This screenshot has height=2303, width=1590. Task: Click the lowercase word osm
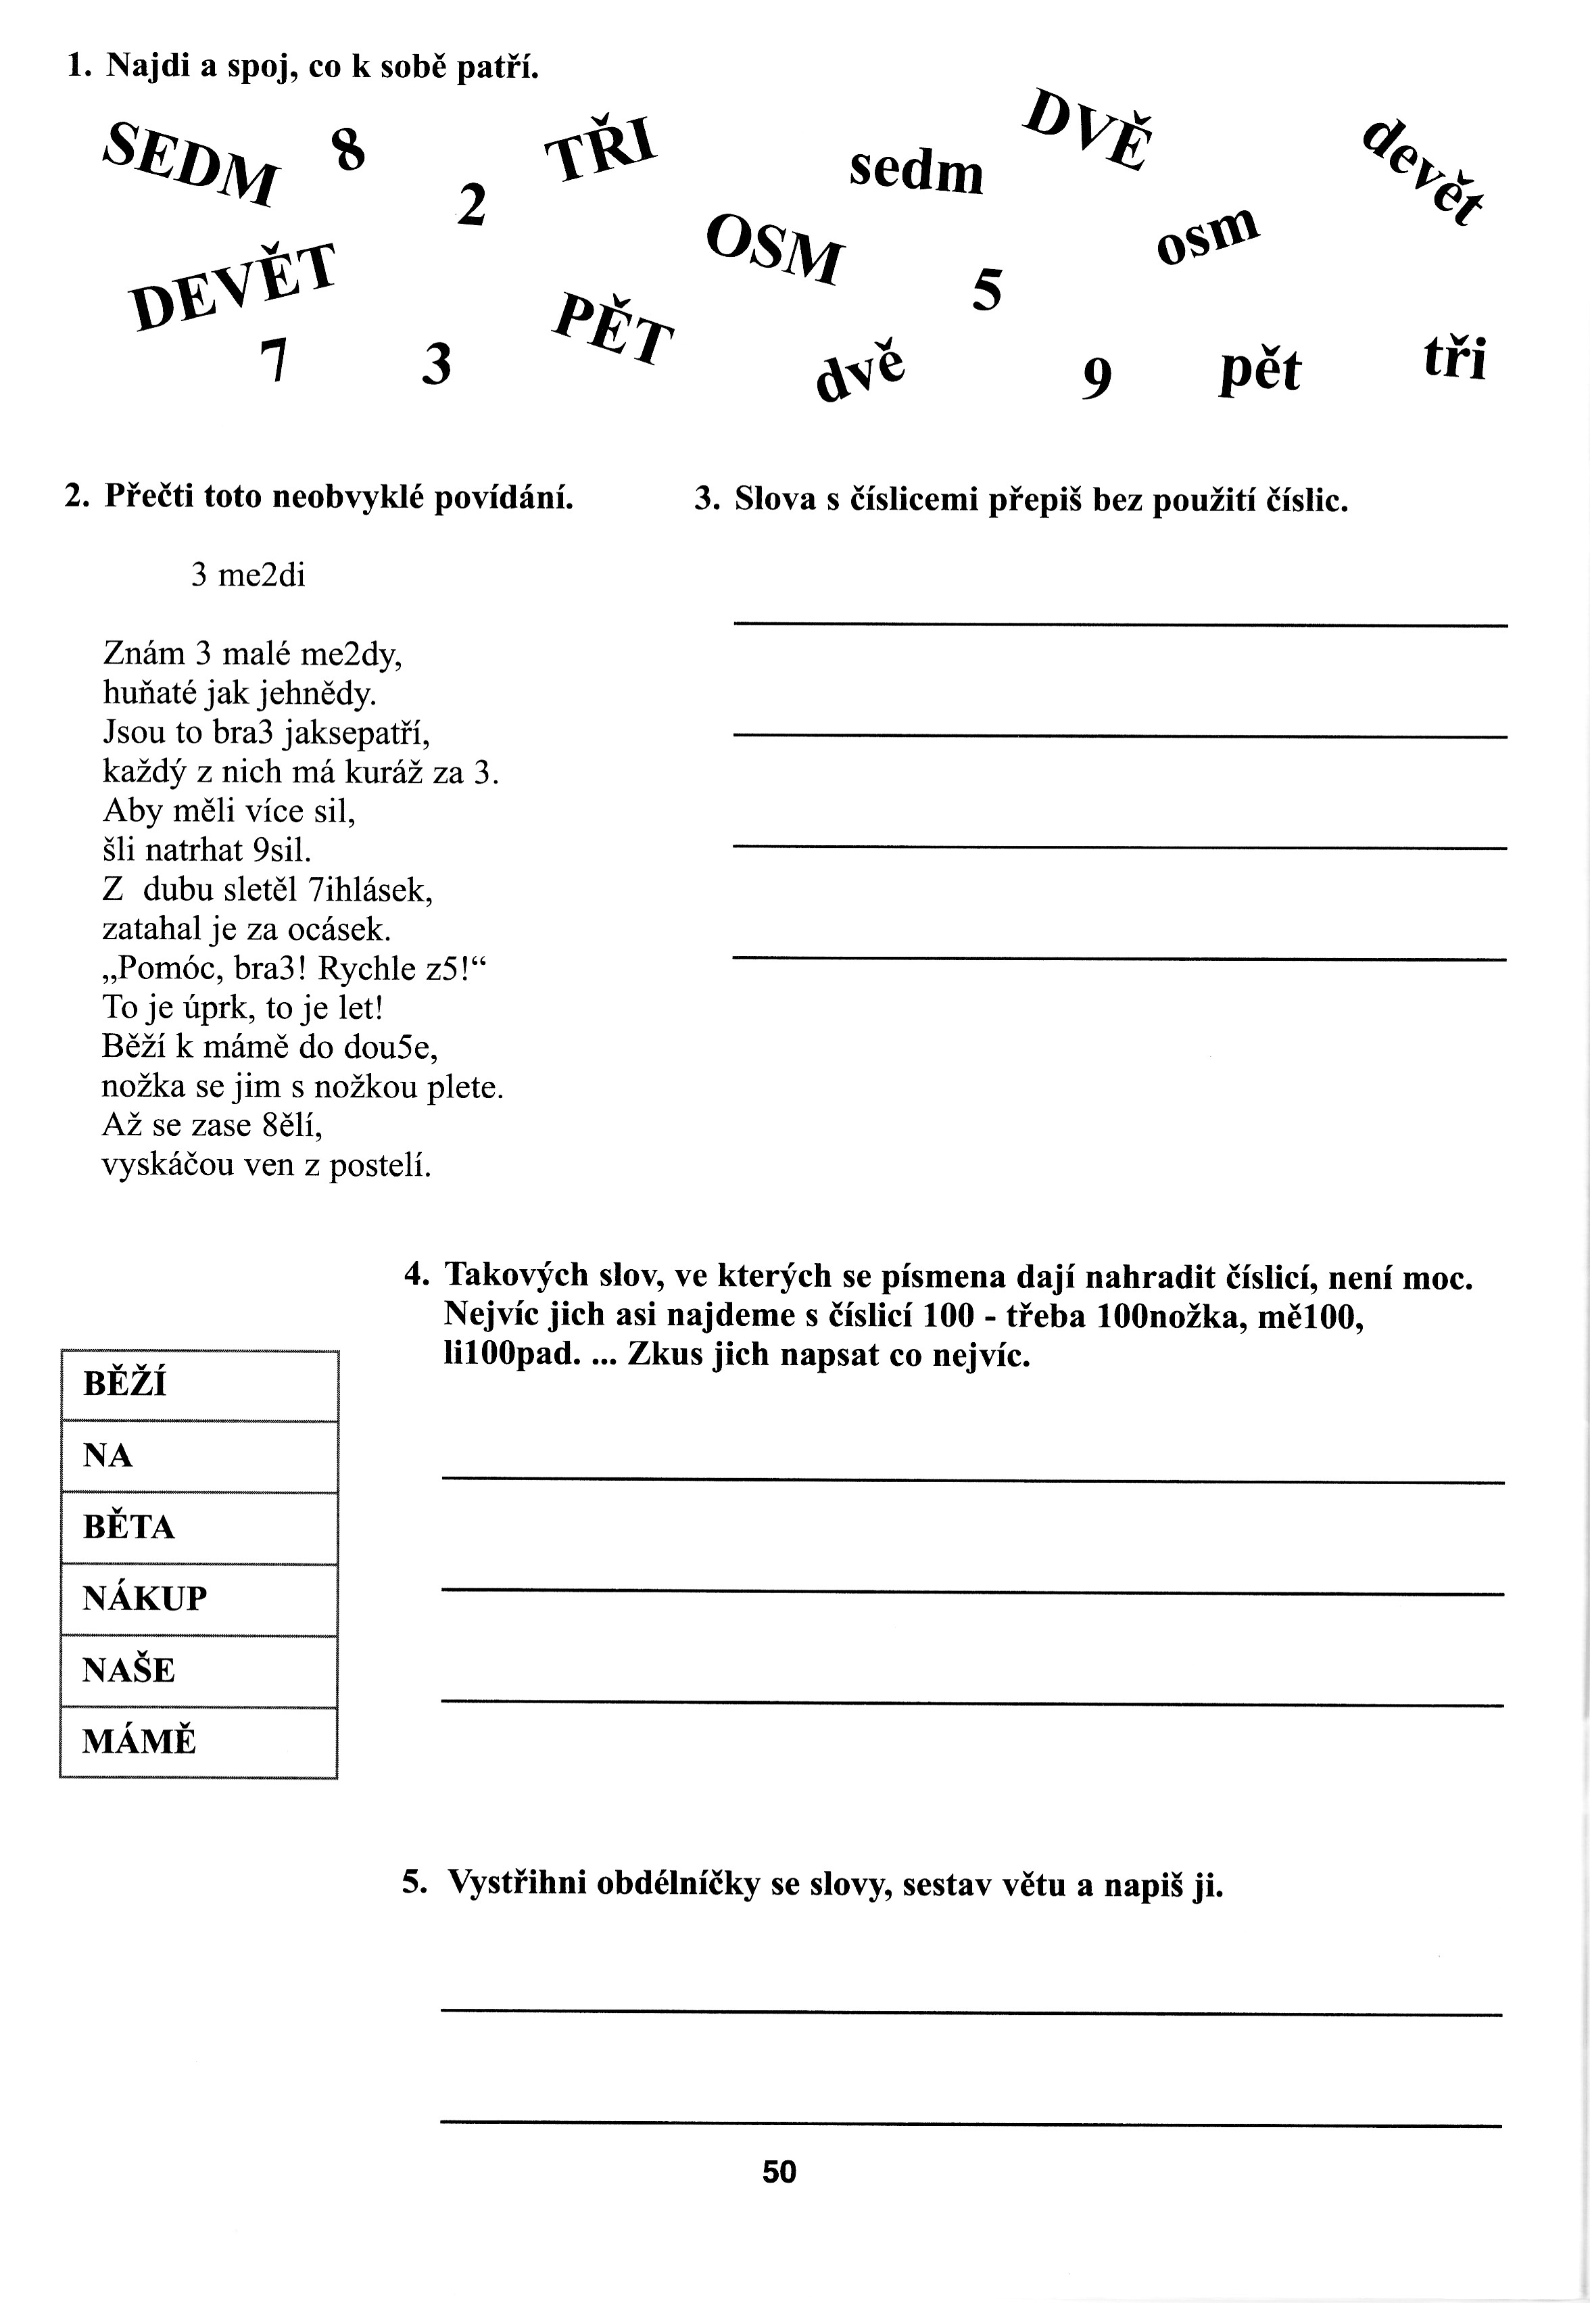click(x=1207, y=235)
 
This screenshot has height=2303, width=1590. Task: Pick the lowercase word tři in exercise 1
click(x=1455, y=359)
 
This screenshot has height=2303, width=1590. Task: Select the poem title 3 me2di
click(x=248, y=575)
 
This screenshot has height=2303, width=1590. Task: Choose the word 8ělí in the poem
click(x=292, y=1125)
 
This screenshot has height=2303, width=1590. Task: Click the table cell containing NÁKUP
click(x=199, y=1598)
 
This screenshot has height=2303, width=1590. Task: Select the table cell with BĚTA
click(x=199, y=1527)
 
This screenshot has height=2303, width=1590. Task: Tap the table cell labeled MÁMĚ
click(x=199, y=1742)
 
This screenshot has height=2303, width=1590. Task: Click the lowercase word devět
click(x=1422, y=173)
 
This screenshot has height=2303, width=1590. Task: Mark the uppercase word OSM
click(x=774, y=247)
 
